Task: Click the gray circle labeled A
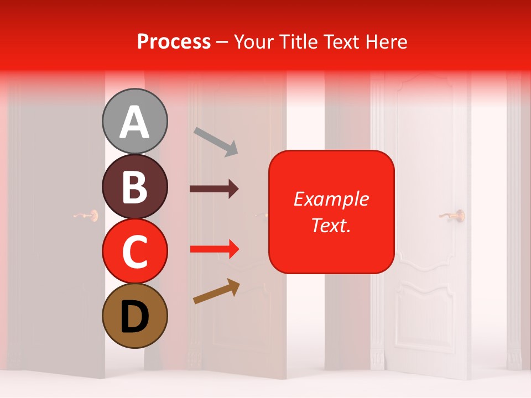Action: click(135, 121)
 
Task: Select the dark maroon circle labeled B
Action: click(135, 187)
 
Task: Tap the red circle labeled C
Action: click(135, 252)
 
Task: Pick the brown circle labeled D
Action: click(135, 316)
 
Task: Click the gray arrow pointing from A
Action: click(216, 141)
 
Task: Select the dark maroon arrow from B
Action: click(214, 189)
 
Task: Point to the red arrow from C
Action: click(214, 249)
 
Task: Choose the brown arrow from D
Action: click(216, 291)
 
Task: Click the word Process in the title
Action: click(174, 41)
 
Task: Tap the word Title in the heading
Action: click(298, 41)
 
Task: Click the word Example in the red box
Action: click(331, 199)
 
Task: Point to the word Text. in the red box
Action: click(331, 225)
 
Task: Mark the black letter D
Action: click(135, 317)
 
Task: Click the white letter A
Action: click(135, 122)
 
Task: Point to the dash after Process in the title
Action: click(222, 43)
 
